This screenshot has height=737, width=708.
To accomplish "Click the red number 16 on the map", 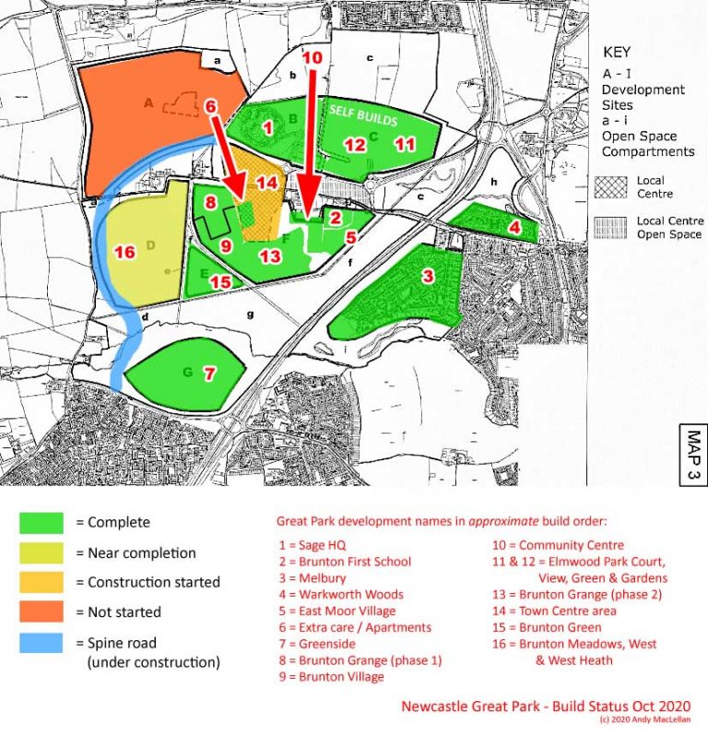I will pyautogui.click(x=124, y=252).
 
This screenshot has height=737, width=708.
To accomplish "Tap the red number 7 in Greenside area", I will pyautogui.click(x=209, y=374).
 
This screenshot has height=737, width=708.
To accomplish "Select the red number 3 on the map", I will pyautogui.click(x=428, y=276).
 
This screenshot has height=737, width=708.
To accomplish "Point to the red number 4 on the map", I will pyautogui.click(x=514, y=227).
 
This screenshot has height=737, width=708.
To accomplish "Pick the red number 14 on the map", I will pyautogui.click(x=266, y=183).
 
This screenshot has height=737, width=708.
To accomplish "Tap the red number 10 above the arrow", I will pyautogui.click(x=313, y=57).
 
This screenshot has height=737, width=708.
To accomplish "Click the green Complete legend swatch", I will pyautogui.click(x=41, y=522).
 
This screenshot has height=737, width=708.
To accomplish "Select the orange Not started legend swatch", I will pyautogui.click(x=41, y=612).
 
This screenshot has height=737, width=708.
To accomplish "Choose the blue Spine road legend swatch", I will pyautogui.click(x=41, y=643).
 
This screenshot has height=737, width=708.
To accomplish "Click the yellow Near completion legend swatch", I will pyautogui.click(x=41, y=553).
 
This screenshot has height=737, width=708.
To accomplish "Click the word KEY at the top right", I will pyautogui.click(x=617, y=53).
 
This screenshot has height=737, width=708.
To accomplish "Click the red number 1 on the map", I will pyautogui.click(x=267, y=128).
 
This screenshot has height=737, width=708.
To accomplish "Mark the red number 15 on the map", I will pyautogui.click(x=219, y=282).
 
